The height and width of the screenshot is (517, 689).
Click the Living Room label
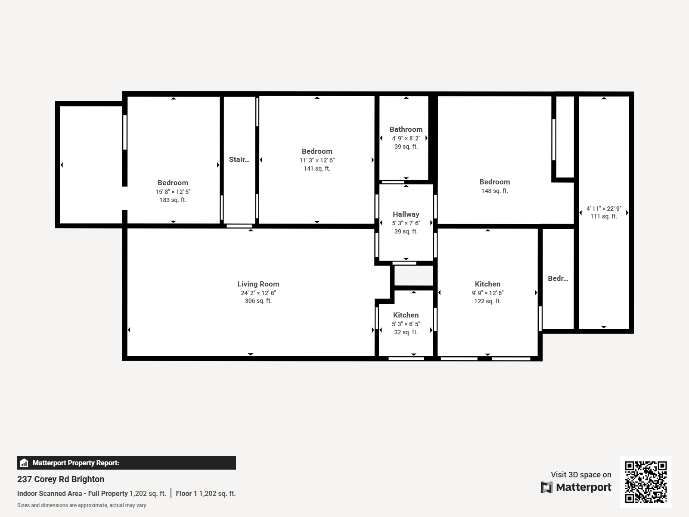[x=258, y=284]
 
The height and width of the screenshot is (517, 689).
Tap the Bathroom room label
[x=406, y=129]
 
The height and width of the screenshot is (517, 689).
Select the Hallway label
[x=406, y=214]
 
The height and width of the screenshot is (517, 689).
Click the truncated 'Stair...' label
[x=239, y=159]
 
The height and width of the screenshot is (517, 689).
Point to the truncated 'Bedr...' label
[x=558, y=278]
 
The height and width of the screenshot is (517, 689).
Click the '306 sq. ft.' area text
[x=258, y=301]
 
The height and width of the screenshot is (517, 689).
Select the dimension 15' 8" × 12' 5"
[x=173, y=192]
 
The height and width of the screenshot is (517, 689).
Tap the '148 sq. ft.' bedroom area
[x=494, y=191]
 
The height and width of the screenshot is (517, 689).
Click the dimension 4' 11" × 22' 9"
[x=604, y=208]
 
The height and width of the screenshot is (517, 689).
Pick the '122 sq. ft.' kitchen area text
[x=487, y=301]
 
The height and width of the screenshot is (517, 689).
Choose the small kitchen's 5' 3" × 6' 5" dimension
[x=406, y=324]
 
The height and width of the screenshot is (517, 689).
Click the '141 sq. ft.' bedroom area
[x=317, y=168]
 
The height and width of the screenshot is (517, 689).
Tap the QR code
[x=646, y=482]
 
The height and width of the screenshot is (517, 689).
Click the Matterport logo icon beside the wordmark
[x=546, y=487]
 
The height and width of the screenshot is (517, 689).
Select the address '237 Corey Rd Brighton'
[x=61, y=479]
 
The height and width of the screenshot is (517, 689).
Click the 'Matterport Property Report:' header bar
[x=126, y=463]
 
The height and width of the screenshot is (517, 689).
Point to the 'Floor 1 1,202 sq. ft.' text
[x=205, y=493]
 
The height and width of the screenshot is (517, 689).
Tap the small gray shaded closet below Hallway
[x=413, y=275]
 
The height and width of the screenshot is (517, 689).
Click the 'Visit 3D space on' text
[x=580, y=474]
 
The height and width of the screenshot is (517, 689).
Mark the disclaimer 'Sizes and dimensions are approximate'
[x=81, y=505]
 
